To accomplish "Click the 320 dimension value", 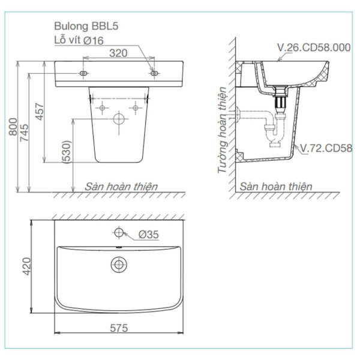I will coord(119,53).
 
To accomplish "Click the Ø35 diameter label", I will coord(149,235).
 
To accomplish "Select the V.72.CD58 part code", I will coord(327,148).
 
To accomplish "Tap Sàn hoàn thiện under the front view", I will coord(121,187).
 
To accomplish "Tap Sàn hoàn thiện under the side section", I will coord(276,187).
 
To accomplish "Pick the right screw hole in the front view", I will coord(154,73).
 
